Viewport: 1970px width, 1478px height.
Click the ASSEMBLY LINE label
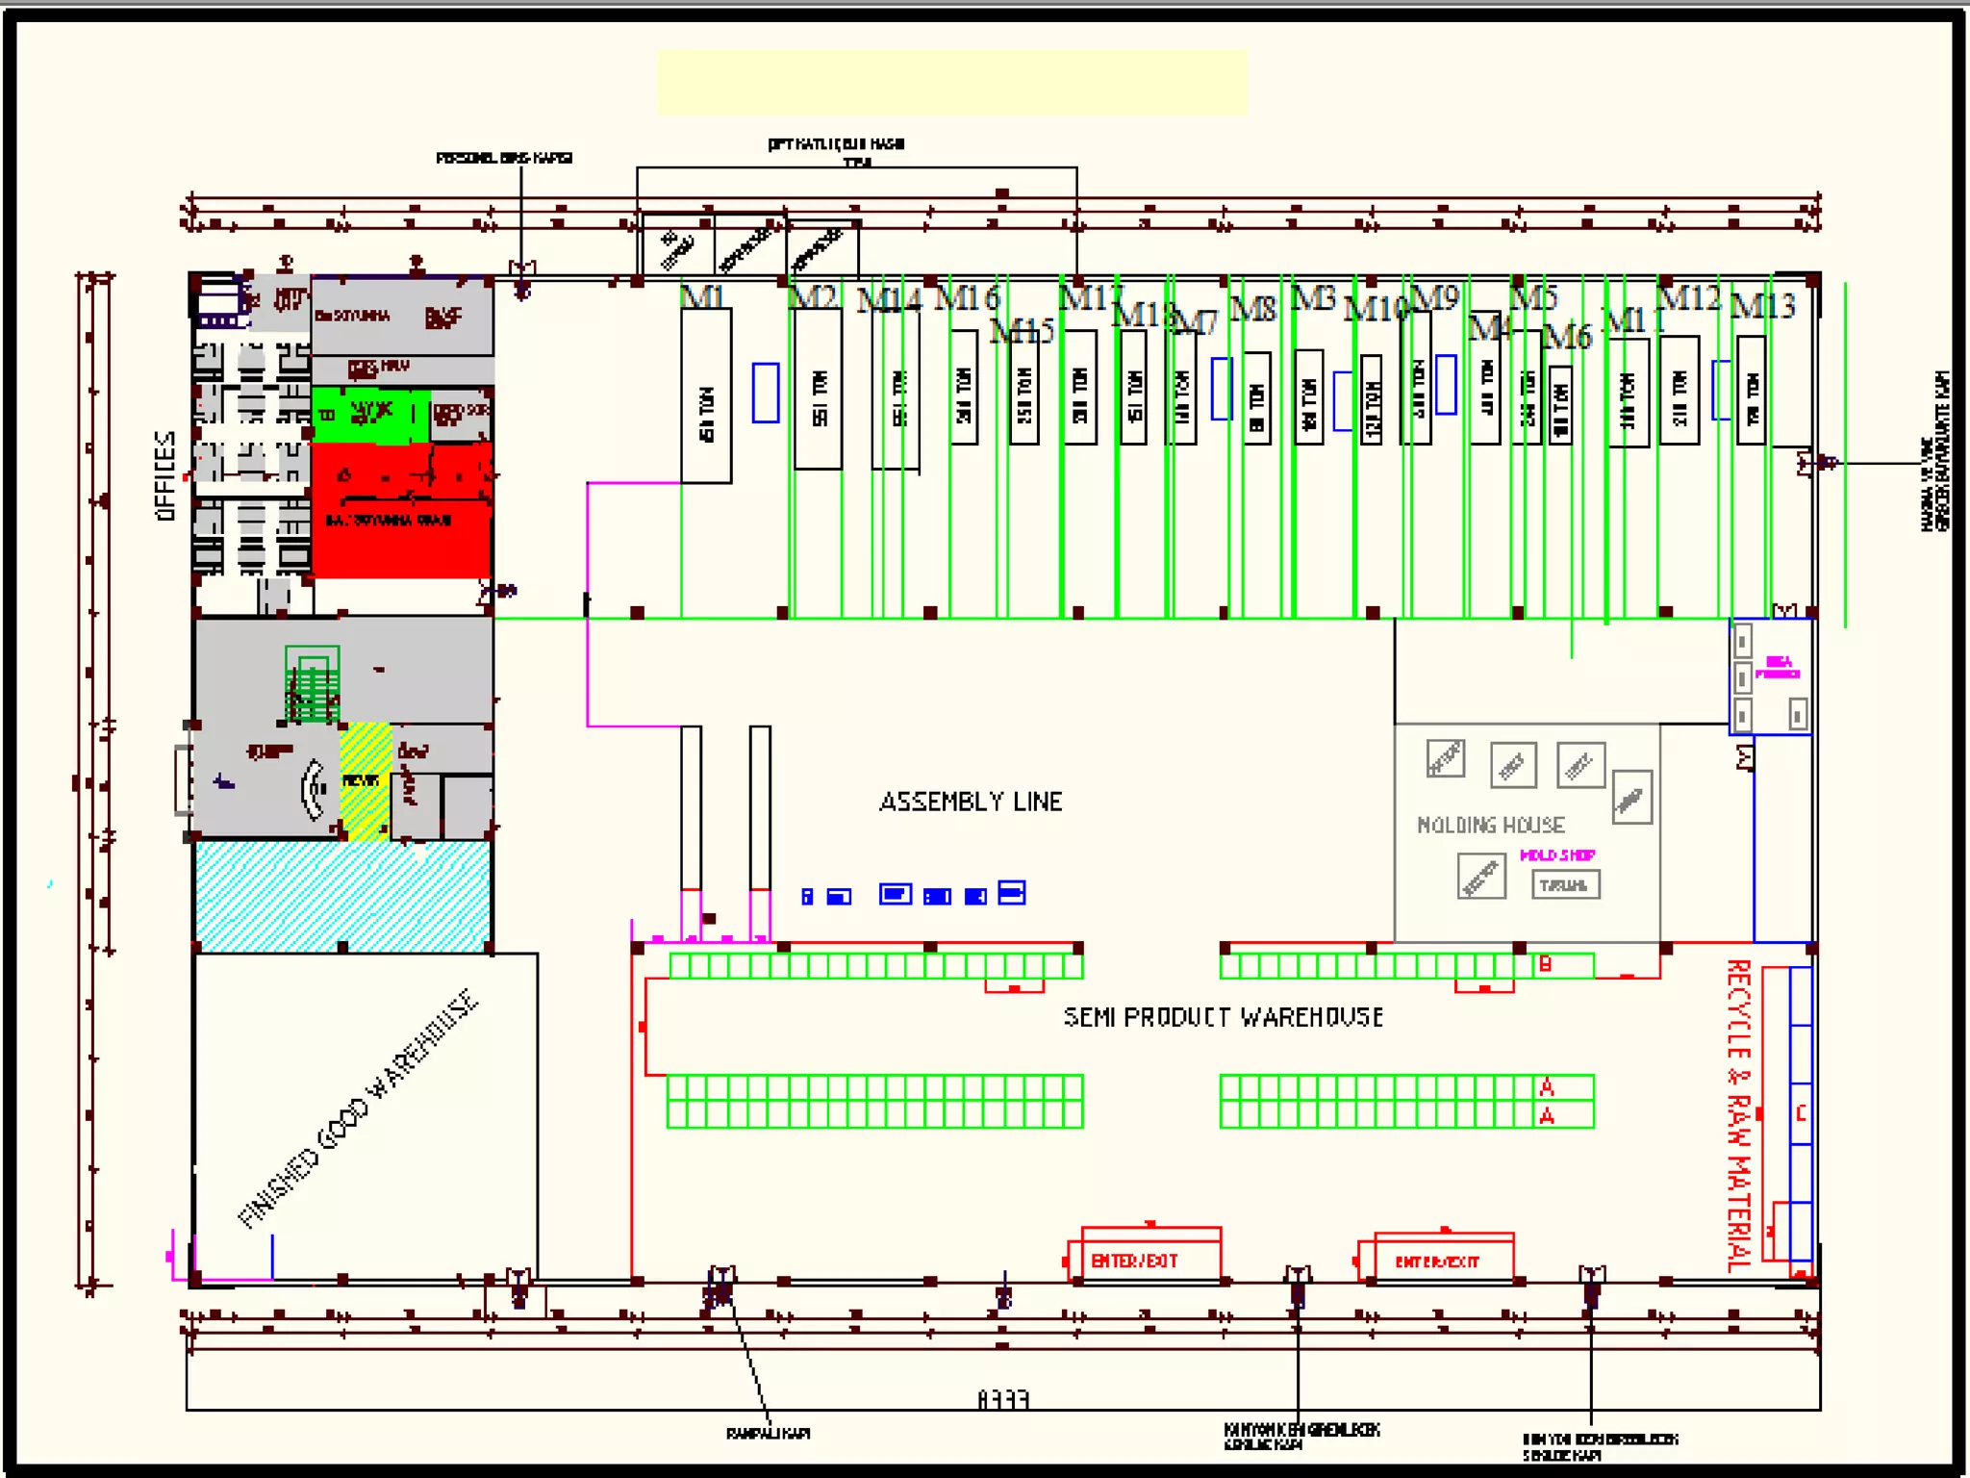tap(971, 802)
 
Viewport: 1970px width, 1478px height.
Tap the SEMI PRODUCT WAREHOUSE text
tap(1223, 1017)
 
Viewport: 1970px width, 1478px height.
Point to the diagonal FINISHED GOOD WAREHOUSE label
tap(358, 1108)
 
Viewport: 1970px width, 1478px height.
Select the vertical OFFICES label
tap(165, 476)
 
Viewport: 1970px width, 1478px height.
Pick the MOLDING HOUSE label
tap(1490, 825)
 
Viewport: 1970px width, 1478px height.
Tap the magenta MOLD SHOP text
tap(1556, 854)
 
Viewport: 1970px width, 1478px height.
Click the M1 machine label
tap(702, 296)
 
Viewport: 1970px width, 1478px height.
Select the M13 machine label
tap(1762, 306)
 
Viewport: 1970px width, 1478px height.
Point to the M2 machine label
tap(813, 296)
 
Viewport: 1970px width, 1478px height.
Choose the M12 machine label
tap(1689, 297)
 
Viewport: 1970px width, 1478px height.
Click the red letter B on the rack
tap(1545, 964)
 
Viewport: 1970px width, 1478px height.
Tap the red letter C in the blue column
tap(1801, 1113)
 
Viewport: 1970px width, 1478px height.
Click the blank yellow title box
tap(951, 83)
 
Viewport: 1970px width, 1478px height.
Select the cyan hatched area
tap(342, 895)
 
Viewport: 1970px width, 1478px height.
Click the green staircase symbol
tap(312, 683)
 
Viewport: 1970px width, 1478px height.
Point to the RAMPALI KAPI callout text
tap(768, 1433)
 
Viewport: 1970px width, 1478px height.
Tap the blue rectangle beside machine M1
tap(766, 393)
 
